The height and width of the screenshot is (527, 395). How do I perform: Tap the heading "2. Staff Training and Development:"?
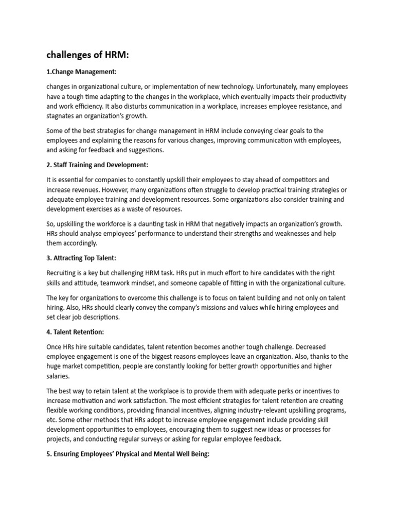97,165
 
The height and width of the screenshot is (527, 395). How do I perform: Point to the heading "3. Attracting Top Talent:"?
85,257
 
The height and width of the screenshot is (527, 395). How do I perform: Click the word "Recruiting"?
62,273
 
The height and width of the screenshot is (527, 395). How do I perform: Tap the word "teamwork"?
118,283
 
